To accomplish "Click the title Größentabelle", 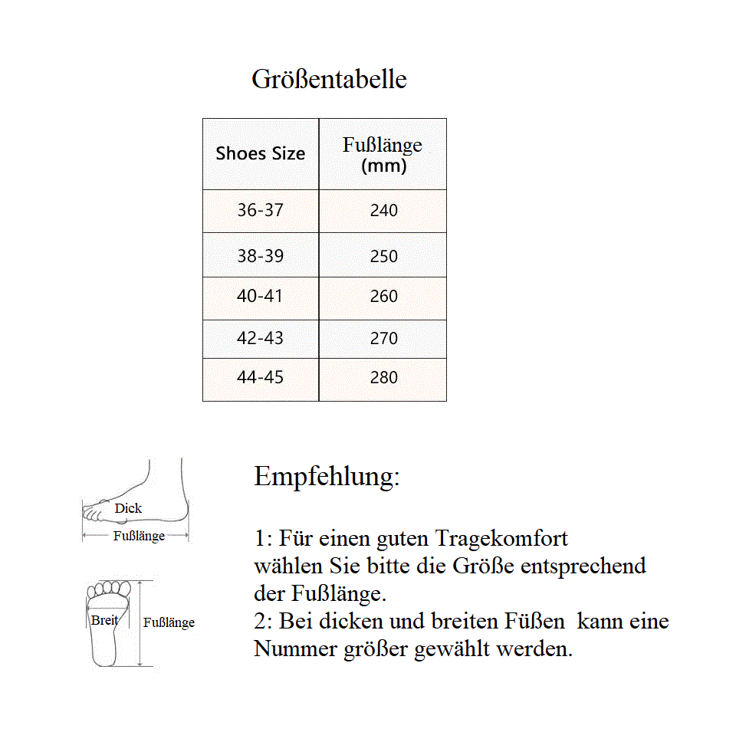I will pos(329,80).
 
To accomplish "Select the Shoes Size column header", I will pos(260,153).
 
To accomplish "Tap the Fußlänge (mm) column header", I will pos(383,154).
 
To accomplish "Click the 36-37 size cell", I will pos(260,210).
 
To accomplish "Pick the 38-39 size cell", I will pos(260,256).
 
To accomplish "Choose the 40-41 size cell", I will pos(260,296).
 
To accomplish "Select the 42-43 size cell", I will pos(260,338).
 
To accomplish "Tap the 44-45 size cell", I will pos(260,377).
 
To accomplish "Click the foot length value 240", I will pos(383,210).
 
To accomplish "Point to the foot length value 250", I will pos(383,256).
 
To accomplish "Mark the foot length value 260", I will pos(383,296).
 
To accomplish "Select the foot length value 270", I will pos(383,338).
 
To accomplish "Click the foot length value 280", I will pos(383,377).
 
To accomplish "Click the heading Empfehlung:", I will pos(327,477).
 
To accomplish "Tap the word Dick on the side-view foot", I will pos(128,508).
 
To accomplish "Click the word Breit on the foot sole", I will pos(104,620).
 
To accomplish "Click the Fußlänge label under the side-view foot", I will pos(139,537).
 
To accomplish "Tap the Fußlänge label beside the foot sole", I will pos(169,623).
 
